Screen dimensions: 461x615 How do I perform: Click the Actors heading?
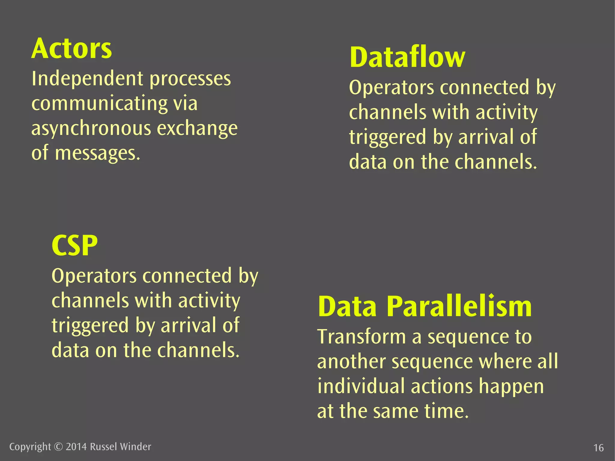point(71,49)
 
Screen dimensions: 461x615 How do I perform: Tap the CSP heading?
point(74,245)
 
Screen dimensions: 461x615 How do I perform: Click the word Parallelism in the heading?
point(459,307)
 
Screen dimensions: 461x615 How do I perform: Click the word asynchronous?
point(91,129)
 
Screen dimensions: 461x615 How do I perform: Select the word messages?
point(98,153)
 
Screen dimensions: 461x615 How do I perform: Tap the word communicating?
point(99,104)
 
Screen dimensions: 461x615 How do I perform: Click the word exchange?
point(197,129)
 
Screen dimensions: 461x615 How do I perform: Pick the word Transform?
point(362,337)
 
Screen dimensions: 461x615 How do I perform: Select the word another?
point(351,362)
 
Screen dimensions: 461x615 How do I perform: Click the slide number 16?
point(598,448)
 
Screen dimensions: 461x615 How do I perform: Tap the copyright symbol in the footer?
point(58,447)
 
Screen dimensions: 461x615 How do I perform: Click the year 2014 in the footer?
point(76,447)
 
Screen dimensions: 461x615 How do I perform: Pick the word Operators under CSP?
point(94,276)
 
